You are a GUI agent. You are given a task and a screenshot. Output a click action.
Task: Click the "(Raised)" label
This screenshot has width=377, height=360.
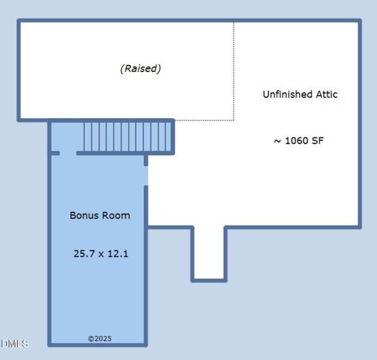pos(141,68)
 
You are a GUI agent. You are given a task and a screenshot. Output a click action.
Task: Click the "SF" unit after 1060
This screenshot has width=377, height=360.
pos(317,141)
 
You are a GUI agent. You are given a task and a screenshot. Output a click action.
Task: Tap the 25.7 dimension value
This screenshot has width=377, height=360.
pos(83,254)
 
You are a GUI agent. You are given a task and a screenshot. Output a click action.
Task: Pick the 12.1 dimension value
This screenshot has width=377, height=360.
pos(117,254)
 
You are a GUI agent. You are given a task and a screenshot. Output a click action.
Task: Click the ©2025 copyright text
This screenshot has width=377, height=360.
pos(99,339)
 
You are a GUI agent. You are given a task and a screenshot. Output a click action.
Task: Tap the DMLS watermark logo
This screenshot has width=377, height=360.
pos(14,344)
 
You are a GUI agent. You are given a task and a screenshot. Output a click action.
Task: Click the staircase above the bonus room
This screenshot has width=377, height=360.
pos(127,136)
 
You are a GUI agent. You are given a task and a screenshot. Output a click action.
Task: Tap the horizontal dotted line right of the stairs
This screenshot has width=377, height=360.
pos(204,120)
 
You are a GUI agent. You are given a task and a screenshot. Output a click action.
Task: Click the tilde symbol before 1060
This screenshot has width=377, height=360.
pos(278,142)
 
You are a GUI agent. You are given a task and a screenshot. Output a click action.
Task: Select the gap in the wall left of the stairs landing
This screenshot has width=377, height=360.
pos(68,153)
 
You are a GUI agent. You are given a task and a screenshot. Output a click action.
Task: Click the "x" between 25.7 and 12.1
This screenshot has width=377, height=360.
pos(101,254)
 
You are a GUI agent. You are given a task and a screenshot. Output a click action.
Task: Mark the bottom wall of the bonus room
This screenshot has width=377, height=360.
pos(98,344)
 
